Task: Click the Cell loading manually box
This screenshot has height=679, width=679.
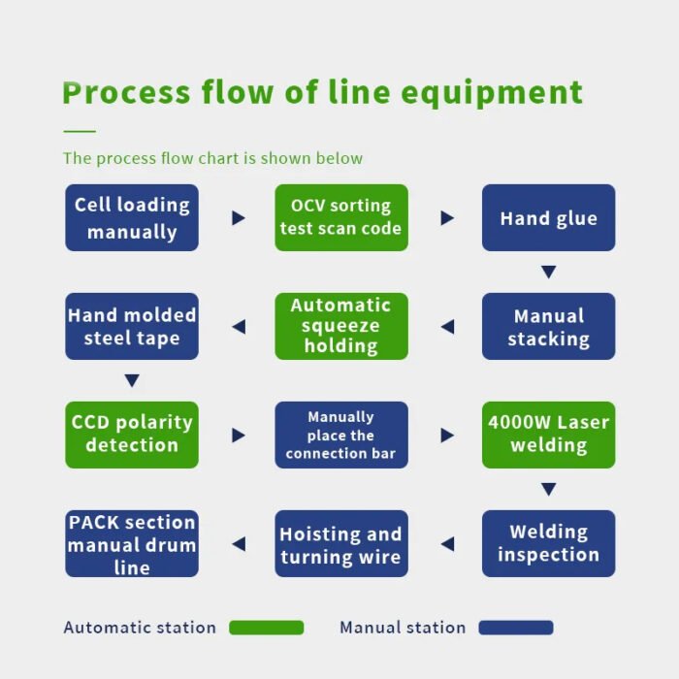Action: tap(132, 218)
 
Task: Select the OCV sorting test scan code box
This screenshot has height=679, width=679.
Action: tap(341, 218)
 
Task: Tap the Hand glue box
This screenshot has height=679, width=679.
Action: tap(549, 218)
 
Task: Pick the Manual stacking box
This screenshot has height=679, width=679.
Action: tap(549, 327)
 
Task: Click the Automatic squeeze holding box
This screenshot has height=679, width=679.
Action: tap(341, 327)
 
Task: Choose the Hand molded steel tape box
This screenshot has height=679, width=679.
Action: tap(132, 327)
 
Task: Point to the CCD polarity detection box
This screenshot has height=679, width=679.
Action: tap(132, 436)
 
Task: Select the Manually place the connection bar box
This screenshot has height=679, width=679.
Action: tap(341, 436)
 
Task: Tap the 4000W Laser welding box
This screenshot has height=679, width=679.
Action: tap(549, 436)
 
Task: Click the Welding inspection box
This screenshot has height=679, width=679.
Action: tap(549, 544)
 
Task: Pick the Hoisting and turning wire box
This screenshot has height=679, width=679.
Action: tap(341, 544)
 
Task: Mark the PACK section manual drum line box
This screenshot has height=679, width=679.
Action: tap(132, 544)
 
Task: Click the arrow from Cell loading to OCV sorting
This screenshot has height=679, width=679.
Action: tap(239, 218)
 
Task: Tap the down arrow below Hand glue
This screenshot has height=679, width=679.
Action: tap(549, 272)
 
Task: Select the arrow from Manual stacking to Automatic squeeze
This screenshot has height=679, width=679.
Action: tap(448, 327)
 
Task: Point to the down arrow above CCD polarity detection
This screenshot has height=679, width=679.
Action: tap(132, 380)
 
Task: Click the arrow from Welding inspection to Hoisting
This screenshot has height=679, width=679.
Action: tap(448, 544)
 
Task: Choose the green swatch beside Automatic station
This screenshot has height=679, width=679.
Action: tap(267, 628)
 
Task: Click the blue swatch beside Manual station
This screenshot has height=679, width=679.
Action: tap(516, 628)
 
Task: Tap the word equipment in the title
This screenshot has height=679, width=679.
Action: tap(492, 93)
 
